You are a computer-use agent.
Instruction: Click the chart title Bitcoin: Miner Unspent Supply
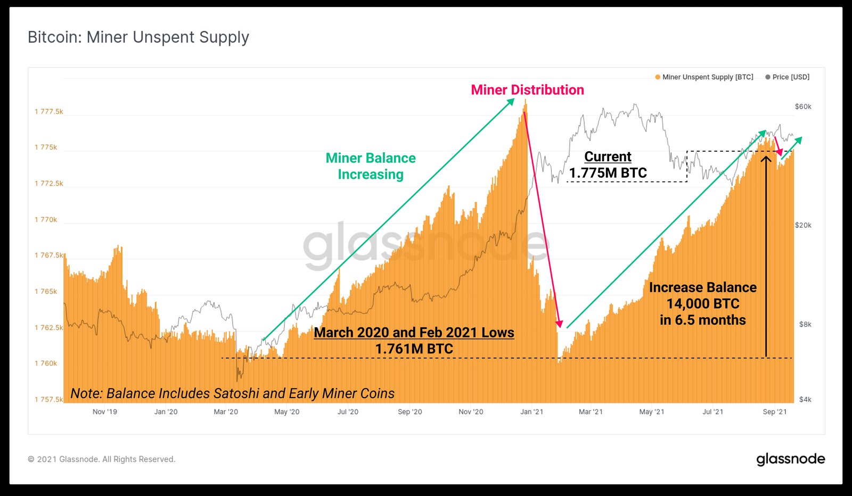click(x=138, y=38)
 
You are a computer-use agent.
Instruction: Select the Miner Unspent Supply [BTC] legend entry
click(x=704, y=77)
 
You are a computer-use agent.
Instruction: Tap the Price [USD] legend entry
click(x=788, y=77)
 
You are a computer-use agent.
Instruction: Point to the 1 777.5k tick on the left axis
click(x=48, y=111)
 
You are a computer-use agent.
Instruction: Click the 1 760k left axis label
click(x=46, y=363)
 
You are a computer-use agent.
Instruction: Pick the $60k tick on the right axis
click(x=803, y=107)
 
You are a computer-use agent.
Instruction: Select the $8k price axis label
click(x=805, y=325)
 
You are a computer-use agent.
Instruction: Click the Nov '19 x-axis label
click(x=105, y=411)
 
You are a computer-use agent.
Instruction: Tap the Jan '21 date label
click(x=532, y=411)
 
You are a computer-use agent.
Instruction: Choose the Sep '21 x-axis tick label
click(x=775, y=411)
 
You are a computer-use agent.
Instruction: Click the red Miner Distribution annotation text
click(x=528, y=90)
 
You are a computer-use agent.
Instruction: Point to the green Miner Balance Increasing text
click(x=371, y=166)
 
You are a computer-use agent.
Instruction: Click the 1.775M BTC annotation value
click(x=608, y=173)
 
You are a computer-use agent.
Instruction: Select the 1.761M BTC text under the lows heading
click(x=414, y=349)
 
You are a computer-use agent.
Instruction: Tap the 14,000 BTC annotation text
click(x=703, y=304)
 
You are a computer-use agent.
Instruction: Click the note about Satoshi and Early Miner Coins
click(x=232, y=393)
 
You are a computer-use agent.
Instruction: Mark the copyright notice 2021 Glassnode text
click(x=102, y=459)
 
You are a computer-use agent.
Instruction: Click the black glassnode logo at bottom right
click(x=791, y=459)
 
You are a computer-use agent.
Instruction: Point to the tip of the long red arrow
click(x=560, y=327)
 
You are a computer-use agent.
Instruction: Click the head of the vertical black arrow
click(x=766, y=156)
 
